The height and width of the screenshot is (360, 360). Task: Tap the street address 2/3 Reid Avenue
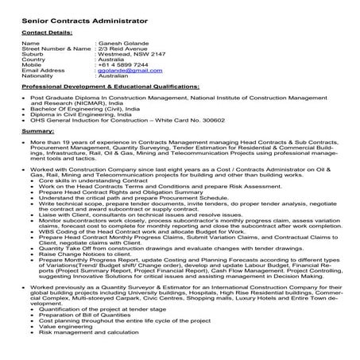[122, 48]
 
